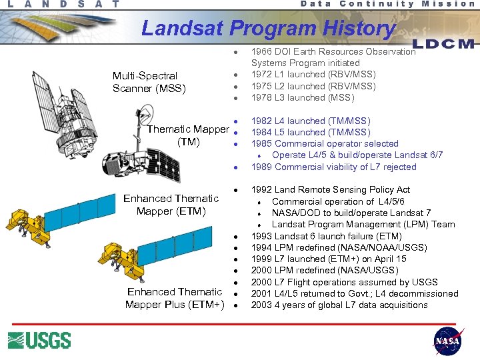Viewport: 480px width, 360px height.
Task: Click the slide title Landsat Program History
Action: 269,28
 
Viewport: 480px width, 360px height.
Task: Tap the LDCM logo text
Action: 443,44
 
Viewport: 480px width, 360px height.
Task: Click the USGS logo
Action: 39,340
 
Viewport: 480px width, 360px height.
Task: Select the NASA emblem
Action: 447,340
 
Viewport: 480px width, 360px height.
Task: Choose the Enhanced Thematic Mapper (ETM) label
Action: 171,205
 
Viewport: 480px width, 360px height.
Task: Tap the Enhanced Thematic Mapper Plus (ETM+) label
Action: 175,298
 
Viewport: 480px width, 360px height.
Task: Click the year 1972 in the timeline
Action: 262,75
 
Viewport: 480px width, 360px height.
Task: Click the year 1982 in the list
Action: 262,121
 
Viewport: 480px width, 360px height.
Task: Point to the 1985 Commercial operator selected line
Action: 324,143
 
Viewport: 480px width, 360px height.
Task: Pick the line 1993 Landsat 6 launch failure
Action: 326,236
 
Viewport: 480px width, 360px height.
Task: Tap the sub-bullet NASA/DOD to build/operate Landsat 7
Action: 351,213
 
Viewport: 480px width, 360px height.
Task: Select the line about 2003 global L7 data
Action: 339,305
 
